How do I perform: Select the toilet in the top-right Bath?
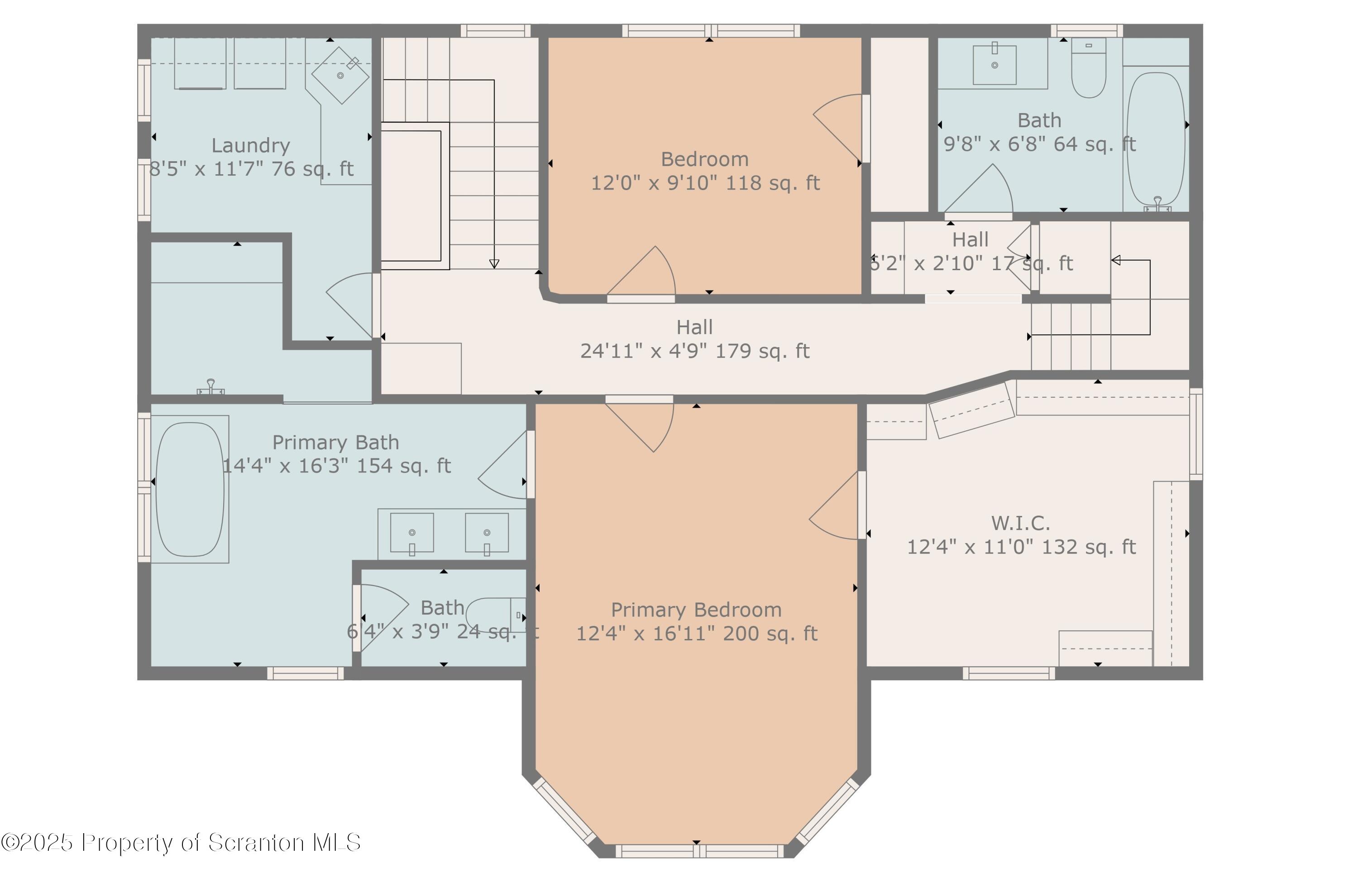click(x=1089, y=67)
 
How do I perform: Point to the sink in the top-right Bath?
click(x=995, y=64)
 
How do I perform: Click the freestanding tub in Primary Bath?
click(x=190, y=489)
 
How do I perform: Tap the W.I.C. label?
click(x=1020, y=523)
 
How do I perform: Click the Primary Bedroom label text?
click(x=696, y=610)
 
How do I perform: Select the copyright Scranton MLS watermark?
click(x=181, y=843)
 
